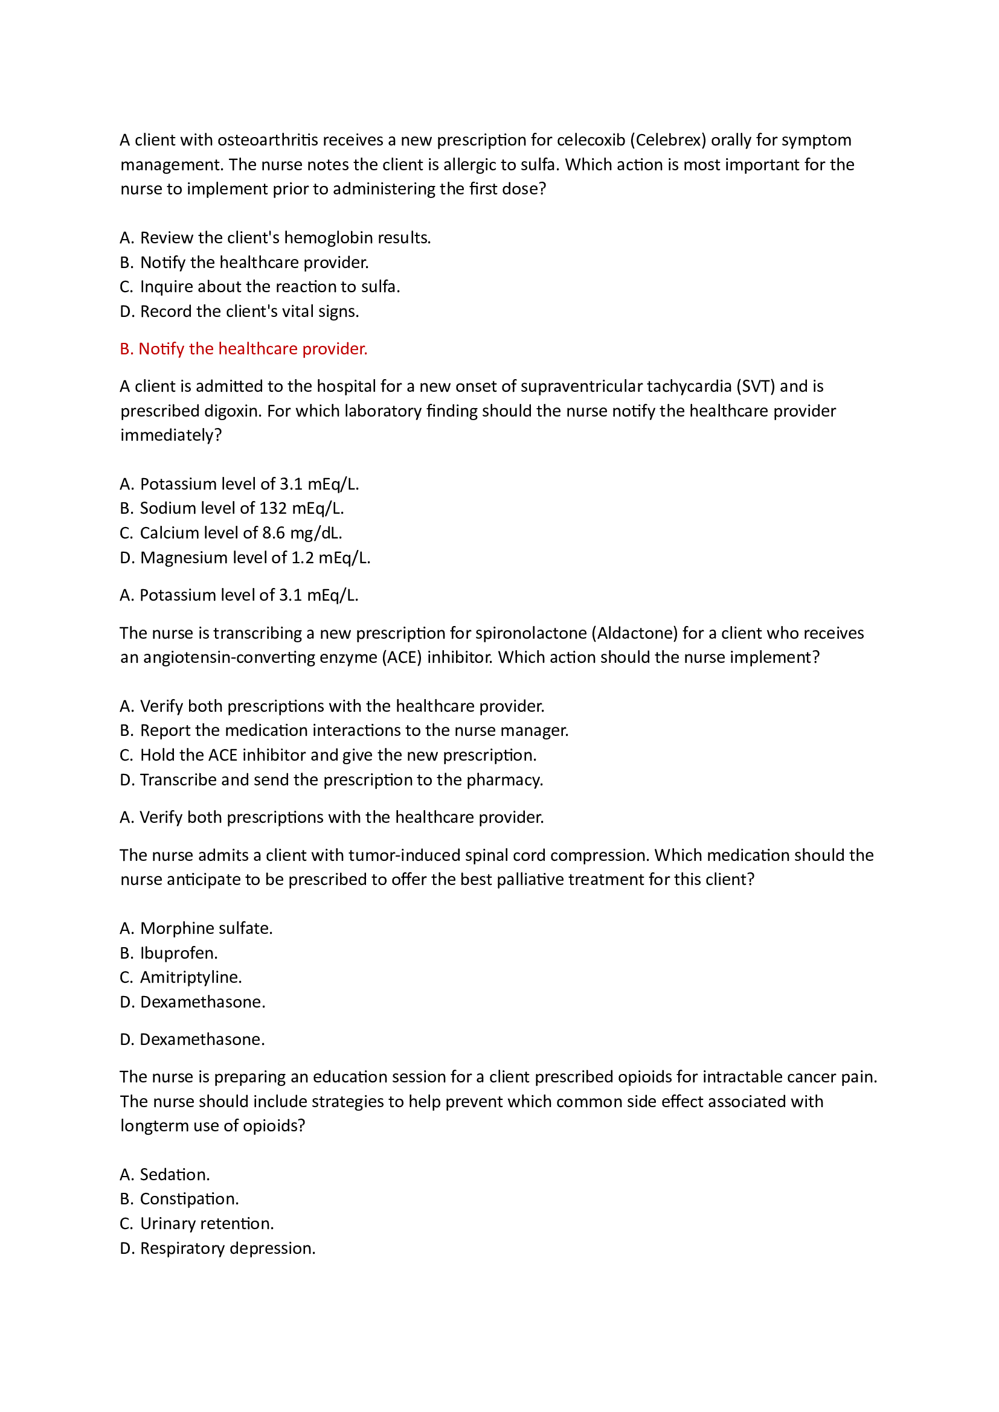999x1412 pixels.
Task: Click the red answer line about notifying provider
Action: [x=243, y=349]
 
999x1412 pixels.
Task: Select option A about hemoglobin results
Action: [x=275, y=238]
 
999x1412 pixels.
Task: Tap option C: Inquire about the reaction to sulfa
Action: [x=260, y=287]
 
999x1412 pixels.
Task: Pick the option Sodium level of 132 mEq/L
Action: [x=232, y=508]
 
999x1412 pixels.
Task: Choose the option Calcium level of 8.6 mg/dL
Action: [x=231, y=532]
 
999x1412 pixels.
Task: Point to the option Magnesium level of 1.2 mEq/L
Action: [x=245, y=558]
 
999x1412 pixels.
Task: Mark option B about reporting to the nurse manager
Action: [x=344, y=730]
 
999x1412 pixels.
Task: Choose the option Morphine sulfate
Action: [x=196, y=928]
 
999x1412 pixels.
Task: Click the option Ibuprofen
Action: [x=169, y=953]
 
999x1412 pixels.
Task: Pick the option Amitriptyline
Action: [x=181, y=977]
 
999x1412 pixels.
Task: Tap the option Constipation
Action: [x=179, y=1199]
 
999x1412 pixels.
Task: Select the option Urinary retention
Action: [x=197, y=1223]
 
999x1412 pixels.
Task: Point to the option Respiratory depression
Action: [x=218, y=1248]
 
